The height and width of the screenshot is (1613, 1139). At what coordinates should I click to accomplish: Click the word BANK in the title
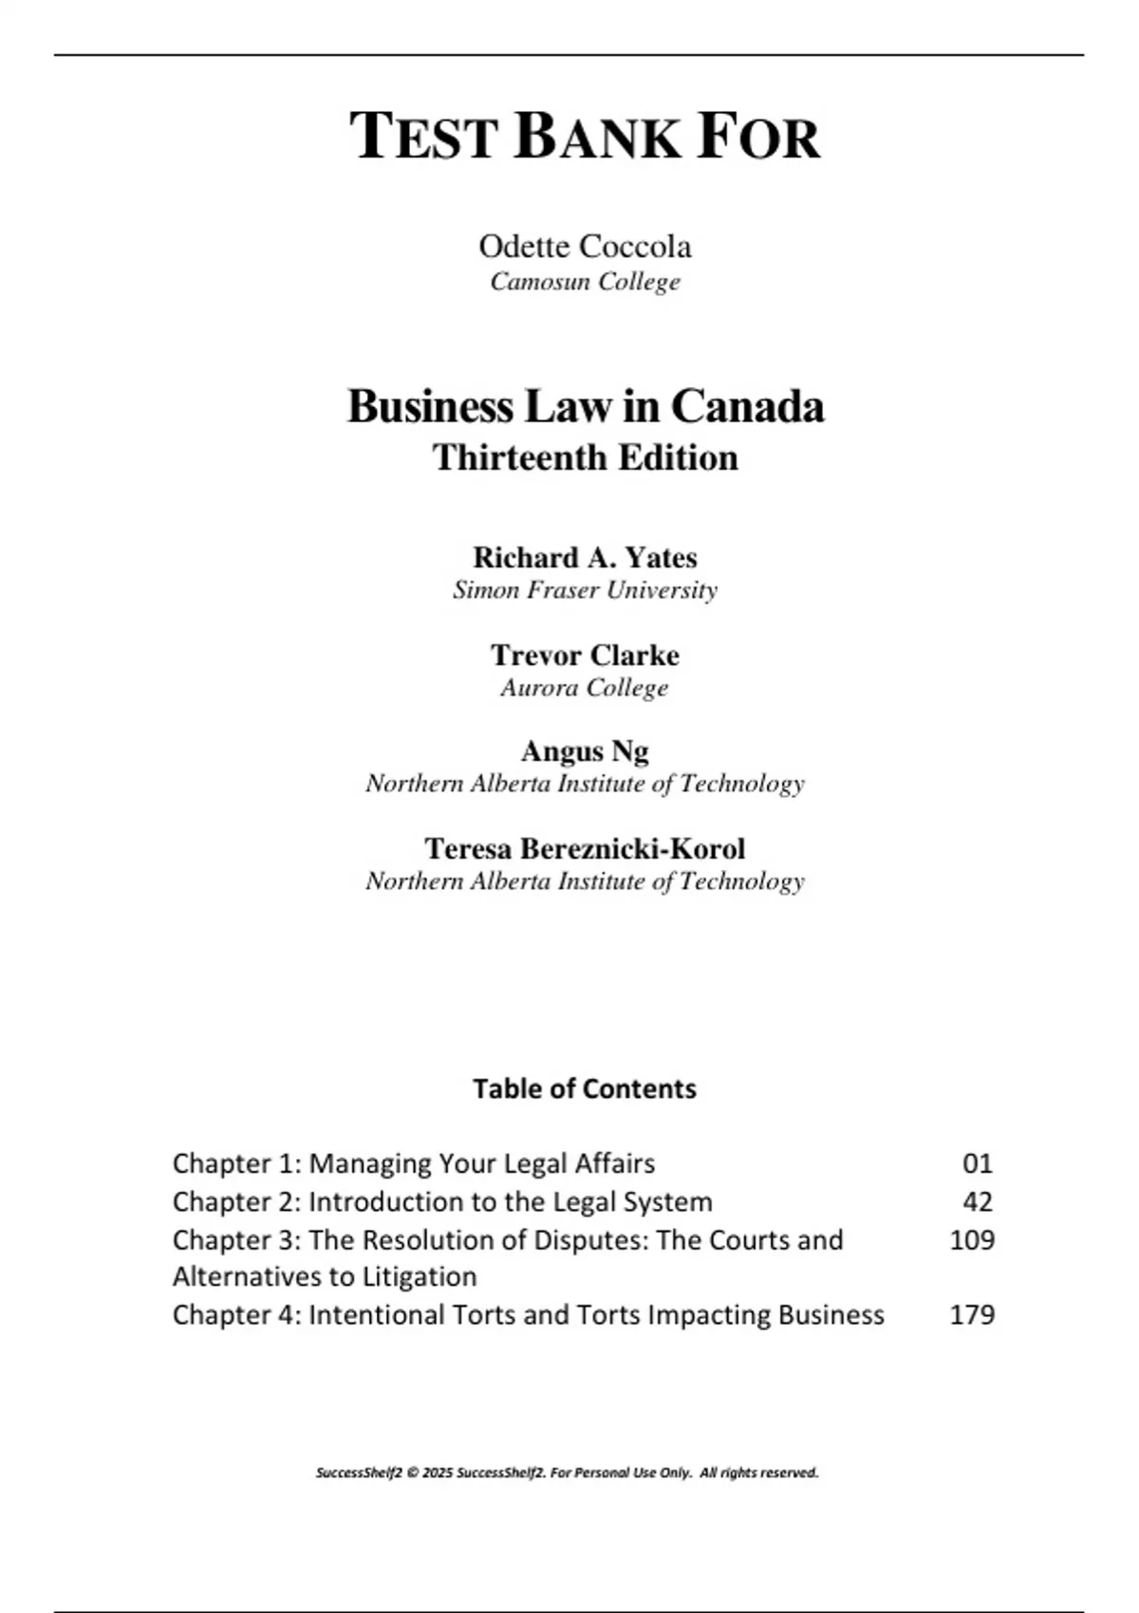(597, 137)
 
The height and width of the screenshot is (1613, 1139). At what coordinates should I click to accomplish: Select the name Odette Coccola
(585, 247)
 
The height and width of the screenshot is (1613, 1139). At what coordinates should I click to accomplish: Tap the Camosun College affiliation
(585, 282)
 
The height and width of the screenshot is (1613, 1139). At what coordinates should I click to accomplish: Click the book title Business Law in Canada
(585, 406)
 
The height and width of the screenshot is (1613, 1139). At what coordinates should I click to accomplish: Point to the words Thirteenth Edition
(585, 457)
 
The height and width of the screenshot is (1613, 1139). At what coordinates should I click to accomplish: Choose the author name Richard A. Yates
(585, 557)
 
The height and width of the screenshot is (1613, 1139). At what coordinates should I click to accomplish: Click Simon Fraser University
(585, 590)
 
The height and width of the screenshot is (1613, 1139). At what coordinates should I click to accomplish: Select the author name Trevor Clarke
(585, 655)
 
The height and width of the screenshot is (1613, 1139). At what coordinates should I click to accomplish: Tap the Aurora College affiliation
(585, 688)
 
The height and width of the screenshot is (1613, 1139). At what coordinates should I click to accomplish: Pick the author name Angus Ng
(585, 751)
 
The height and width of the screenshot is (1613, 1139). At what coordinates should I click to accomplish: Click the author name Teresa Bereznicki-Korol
(585, 848)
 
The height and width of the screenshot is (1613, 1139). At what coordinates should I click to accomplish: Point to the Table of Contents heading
(585, 1088)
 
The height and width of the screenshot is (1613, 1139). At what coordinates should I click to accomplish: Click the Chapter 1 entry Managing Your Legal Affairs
(414, 1163)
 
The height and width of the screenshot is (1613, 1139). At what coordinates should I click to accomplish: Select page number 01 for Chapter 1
(977, 1163)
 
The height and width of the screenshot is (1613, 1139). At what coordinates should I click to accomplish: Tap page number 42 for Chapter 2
(977, 1201)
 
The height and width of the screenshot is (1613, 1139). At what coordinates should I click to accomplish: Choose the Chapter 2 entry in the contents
(442, 1201)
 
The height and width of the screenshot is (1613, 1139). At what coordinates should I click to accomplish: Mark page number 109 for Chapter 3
(972, 1239)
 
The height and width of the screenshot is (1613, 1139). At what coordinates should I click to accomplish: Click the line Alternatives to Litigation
(325, 1277)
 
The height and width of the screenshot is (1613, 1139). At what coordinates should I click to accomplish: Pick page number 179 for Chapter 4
(972, 1315)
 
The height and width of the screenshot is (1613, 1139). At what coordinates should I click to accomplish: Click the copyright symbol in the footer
(412, 1474)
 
